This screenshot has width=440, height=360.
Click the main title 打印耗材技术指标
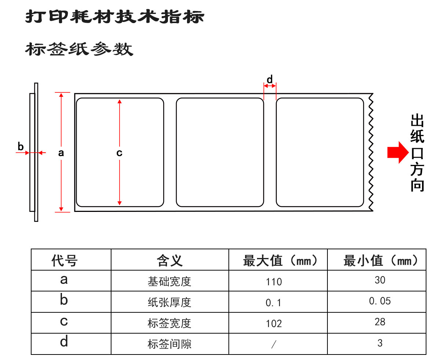(114, 16)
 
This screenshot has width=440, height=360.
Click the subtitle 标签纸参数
(79, 49)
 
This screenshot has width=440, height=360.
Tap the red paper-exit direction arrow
(397, 152)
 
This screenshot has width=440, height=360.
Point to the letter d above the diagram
(269, 80)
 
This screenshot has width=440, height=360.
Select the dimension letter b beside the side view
(21, 146)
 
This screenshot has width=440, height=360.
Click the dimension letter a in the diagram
(61, 153)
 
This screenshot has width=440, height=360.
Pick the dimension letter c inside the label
(119, 153)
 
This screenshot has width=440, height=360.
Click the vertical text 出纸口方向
(417, 153)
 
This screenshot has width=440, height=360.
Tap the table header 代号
(65, 261)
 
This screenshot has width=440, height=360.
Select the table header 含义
(170, 261)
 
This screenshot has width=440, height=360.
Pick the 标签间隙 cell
(169, 344)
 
